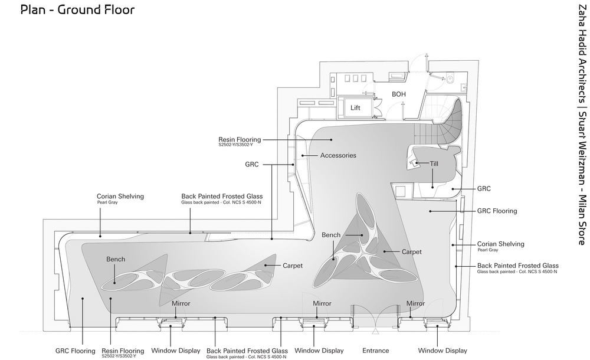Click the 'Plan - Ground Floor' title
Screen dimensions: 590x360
coord(77,9)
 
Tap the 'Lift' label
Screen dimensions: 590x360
coord(355,107)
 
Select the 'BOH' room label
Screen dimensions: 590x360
coord(399,94)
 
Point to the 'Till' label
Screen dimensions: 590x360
coord(434,163)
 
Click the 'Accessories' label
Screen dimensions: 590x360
coord(338,155)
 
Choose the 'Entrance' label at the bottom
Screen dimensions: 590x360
coord(375,351)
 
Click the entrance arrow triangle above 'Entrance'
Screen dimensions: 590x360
coord(375,332)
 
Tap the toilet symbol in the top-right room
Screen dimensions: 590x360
coord(451,79)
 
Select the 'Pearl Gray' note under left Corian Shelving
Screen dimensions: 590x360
coord(107,202)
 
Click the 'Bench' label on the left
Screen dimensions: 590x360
coord(116,259)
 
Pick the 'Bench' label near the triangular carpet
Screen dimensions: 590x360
coord(331,235)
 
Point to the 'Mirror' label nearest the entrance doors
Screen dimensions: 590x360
coord(415,303)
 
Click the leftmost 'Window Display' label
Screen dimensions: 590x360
coord(176,351)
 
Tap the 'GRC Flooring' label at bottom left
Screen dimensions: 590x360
coord(76,351)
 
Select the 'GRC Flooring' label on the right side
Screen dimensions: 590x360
coord(497,211)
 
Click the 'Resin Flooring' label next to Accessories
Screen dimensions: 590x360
coord(240,139)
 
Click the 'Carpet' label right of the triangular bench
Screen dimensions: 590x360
coord(412,251)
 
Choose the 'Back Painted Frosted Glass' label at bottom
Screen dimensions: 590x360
coord(247,351)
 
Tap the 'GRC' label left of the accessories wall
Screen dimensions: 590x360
coord(252,164)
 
